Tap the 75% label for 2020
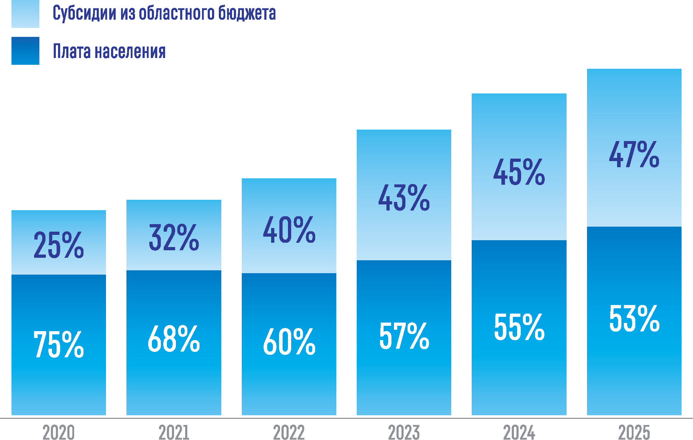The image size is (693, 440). [x=59, y=344]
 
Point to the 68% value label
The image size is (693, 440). [x=174, y=339]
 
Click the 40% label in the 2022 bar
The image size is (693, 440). [x=289, y=230]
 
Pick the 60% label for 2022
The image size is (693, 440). [x=289, y=342]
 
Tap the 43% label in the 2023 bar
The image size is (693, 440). [x=404, y=198]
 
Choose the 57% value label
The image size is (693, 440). [x=404, y=335]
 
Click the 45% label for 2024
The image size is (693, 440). [x=519, y=172]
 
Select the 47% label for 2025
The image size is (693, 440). [x=634, y=154]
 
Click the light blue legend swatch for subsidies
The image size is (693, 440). [x=25, y=14]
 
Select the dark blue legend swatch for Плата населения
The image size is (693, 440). [x=25, y=51]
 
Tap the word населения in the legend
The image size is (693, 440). [x=130, y=51]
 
